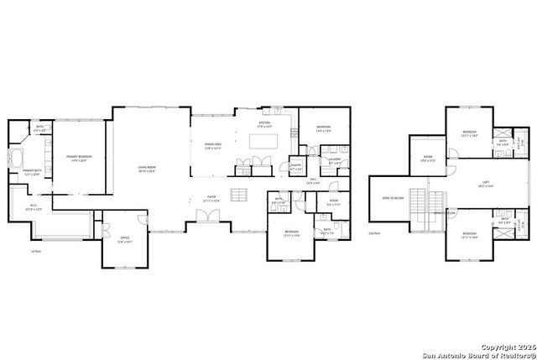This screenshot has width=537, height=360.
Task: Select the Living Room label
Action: (148, 169)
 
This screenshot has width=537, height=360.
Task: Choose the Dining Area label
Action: (213, 146)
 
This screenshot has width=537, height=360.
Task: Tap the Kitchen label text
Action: (265, 124)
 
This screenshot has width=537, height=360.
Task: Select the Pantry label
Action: (295, 167)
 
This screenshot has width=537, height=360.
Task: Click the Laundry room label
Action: (334, 160)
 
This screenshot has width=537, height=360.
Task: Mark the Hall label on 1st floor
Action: (312, 180)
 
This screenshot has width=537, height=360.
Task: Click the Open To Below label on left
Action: (391, 198)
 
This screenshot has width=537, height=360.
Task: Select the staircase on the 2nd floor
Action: (435, 203)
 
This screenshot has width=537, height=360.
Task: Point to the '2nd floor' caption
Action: (375, 232)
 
